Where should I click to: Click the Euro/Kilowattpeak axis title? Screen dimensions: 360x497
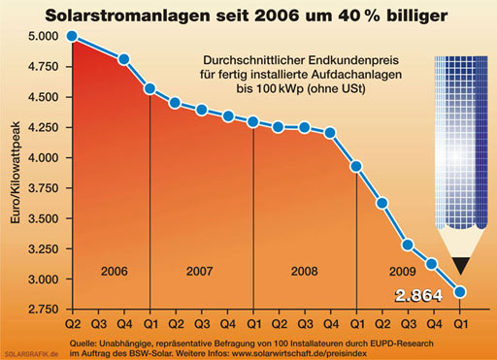(17, 175)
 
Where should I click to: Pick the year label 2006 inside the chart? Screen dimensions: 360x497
(114, 270)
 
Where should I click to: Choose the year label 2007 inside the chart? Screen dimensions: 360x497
(201, 270)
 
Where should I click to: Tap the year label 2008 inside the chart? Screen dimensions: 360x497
(304, 270)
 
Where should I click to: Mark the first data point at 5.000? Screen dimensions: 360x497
(72, 37)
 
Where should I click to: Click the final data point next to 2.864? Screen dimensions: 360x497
(460, 292)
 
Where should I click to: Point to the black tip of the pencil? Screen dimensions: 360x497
(460, 262)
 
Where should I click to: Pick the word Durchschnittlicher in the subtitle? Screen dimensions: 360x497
(246, 57)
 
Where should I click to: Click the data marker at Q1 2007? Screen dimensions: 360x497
(149, 89)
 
